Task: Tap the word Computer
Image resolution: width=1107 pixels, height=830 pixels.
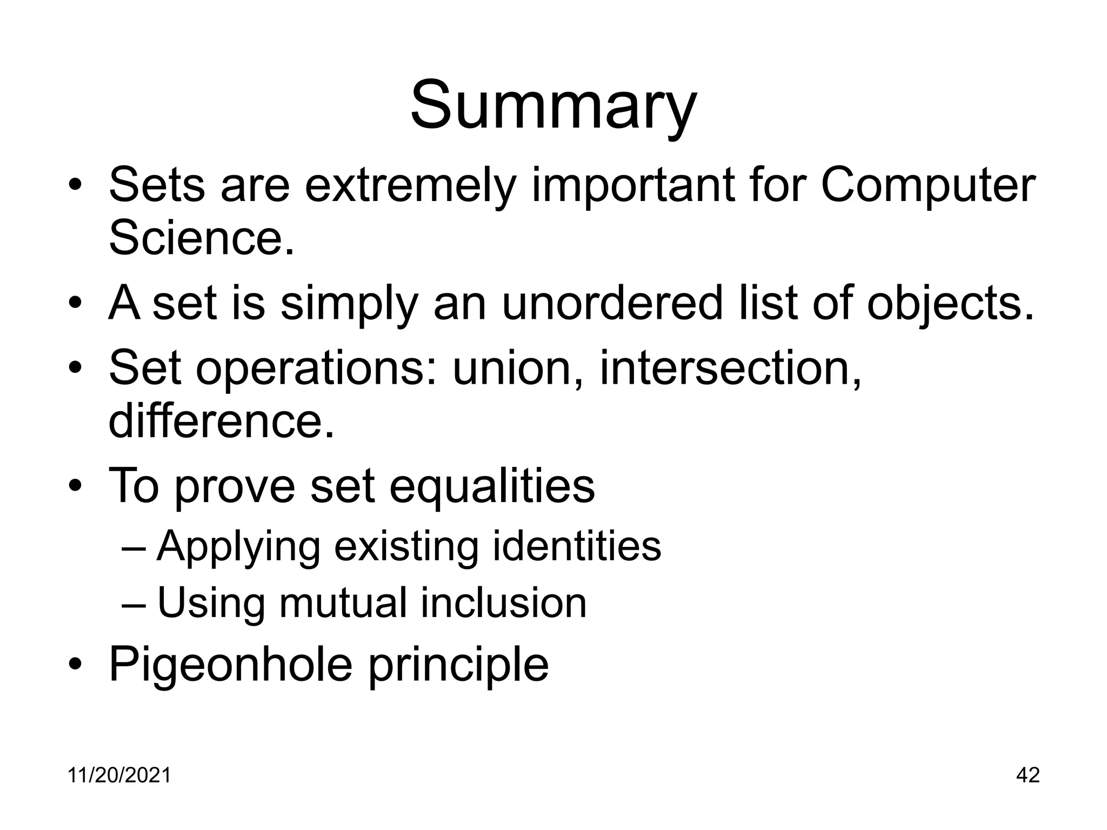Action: point(928,185)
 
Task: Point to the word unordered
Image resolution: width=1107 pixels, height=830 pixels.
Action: point(612,303)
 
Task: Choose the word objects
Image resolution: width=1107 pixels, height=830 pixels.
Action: point(950,303)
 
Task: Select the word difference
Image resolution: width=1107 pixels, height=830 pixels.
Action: point(221,421)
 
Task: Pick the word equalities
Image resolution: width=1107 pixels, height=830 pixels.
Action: point(492,485)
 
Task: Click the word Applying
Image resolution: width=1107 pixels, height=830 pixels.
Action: point(238,547)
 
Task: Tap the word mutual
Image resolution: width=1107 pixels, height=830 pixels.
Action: point(343,603)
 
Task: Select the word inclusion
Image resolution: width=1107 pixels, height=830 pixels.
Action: point(503,603)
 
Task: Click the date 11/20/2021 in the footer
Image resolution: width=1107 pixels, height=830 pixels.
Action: point(119,775)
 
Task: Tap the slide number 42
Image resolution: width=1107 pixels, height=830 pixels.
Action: point(1028,775)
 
